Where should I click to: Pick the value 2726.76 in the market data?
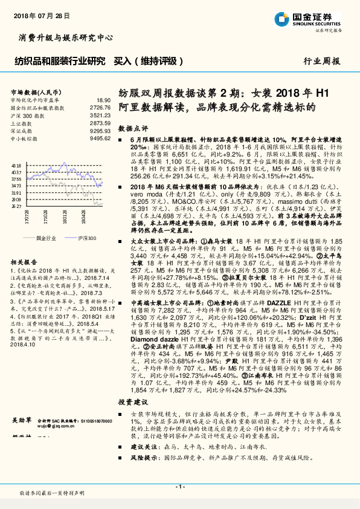(x=101, y=107)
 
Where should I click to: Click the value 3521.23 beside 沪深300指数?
(x=101, y=115)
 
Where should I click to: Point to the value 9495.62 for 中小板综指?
(x=101, y=138)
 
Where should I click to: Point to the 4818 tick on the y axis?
(x=16, y=164)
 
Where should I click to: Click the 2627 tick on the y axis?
(x=16, y=206)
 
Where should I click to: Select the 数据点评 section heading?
(x=132, y=129)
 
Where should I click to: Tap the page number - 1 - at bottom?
(x=179, y=487)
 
